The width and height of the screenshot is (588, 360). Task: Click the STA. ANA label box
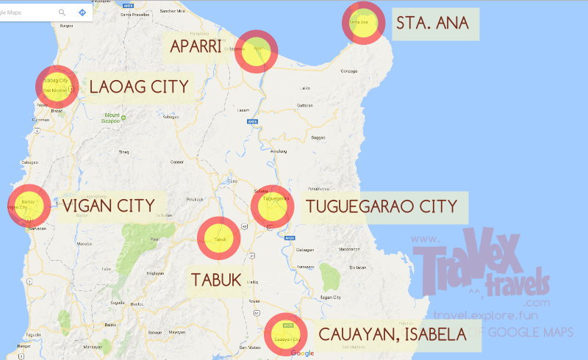pyautogui.click(x=437, y=24)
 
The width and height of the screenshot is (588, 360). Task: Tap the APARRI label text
pyautogui.click(x=195, y=47)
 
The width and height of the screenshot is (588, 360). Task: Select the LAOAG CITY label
pyautogui.click(x=139, y=87)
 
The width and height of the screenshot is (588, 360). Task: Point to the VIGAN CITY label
pyautogui.click(x=108, y=205)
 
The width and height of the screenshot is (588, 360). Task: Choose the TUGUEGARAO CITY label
pyautogui.click(x=381, y=206)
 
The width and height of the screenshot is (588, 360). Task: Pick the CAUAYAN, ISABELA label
pyautogui.click(x=392, y=334)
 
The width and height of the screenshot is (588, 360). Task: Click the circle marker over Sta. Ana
pyautogui.click(x=363, y=24)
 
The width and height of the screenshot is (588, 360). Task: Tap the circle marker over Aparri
pyautogui.click(x=256, y=51)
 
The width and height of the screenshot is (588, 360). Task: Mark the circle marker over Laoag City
pyautogui.click(x=57, y=86)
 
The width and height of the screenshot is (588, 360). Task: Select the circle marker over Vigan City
pyautogui.click(x=29, y=206)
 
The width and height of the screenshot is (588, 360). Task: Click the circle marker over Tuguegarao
pyautogui.click(x=273, y=206)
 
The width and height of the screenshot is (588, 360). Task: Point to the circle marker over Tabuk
pyautogui.click(x=218, y=239)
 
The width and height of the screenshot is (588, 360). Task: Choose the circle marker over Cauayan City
pyautogui.click(x=286, y=335)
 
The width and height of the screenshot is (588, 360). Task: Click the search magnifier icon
pyautogui.click(x=62, y=12)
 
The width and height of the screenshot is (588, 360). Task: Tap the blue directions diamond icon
pyautogui.click(x=82, y=12)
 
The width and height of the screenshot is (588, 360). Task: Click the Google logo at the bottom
pyautogui.click(x=302, y=353)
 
